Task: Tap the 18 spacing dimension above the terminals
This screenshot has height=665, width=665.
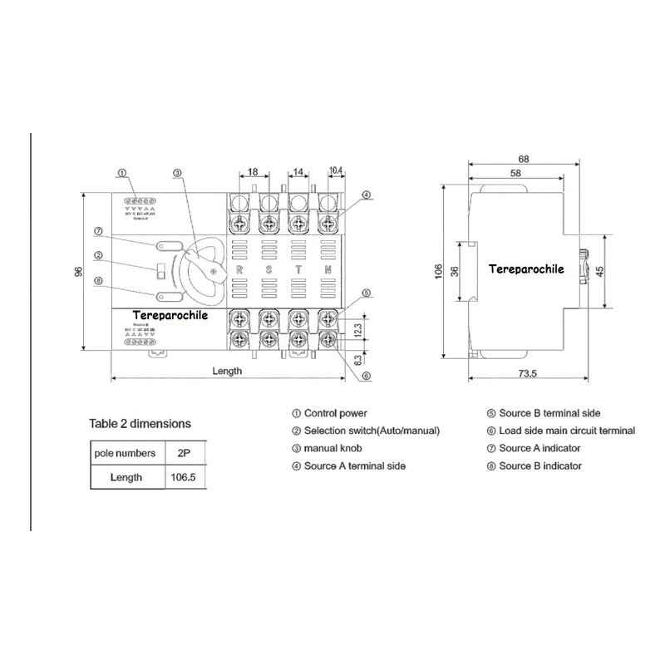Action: (x=254, y=172)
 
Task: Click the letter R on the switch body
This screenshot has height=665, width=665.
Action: (x=239, y=270)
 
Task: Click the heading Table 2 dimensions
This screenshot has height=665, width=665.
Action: (x=140, y=423)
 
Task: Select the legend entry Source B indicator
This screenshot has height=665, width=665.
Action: (x=540, y=465)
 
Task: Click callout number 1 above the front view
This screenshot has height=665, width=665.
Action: (x=121, y=173)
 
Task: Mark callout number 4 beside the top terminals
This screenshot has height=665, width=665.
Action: (x=367, y=195)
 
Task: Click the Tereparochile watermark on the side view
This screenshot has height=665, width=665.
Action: (x=526, y=269)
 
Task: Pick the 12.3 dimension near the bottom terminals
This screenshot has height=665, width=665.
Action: (x=358, y=329)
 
